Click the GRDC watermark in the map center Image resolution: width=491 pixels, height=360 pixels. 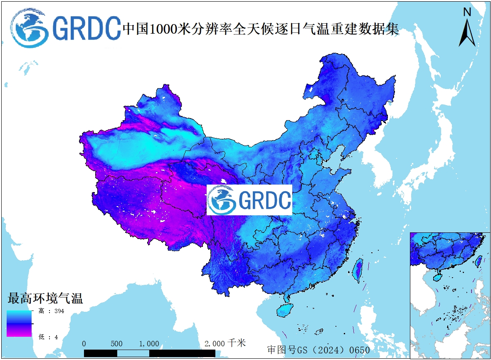[x=249, y=200]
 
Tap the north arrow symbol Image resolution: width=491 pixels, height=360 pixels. [x=467, y=32]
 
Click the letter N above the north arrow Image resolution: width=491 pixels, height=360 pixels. [x=467, y=12]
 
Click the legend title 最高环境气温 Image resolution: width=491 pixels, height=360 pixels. [x=45, y=298]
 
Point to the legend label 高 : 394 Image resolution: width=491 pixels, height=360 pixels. [x=52, y=311]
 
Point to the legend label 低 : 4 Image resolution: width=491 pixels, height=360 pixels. [x=48, y=337]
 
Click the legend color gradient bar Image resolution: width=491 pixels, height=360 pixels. [x=19, y=323]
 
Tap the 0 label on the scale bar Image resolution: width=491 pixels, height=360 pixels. [x=84, y=344]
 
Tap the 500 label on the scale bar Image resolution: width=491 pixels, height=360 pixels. [x=117, y=344]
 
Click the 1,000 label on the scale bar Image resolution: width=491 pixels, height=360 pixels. [x=149, y=344]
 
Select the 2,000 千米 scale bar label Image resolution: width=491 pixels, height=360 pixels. [x=225, y=343]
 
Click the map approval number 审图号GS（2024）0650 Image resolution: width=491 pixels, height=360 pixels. [x=318, y=350]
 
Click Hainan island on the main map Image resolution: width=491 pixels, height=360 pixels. [x=286, y=309]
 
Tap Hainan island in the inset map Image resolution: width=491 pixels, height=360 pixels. [x=438, y=276]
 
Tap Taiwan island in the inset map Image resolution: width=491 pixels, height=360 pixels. [x=479, y=261]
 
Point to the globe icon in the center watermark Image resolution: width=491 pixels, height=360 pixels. [x=222, y=200]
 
